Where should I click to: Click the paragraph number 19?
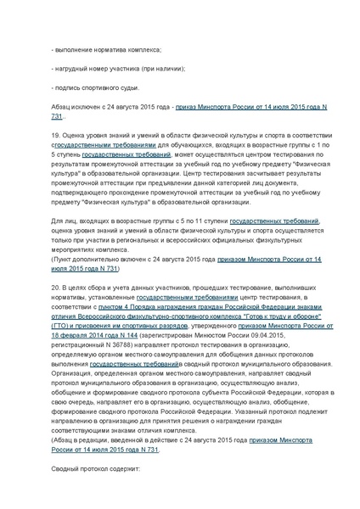53,134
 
